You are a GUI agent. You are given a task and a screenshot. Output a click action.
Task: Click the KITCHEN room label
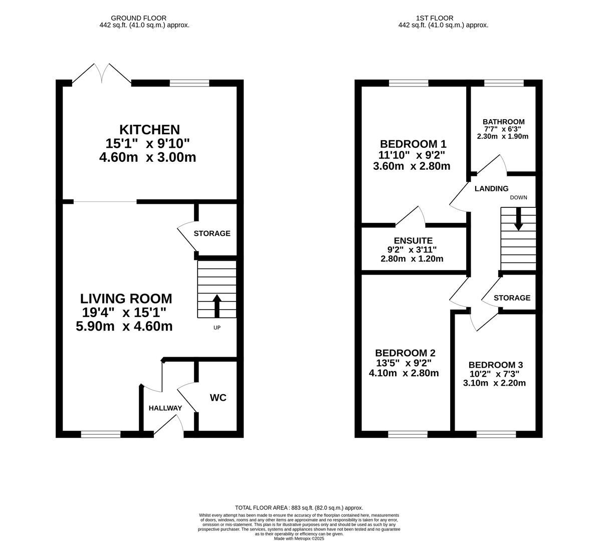point(150,130)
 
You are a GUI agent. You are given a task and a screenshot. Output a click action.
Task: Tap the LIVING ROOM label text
point(126,298)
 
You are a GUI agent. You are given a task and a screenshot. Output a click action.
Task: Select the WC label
point(218,398)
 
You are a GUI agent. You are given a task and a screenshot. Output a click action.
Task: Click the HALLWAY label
point(165,408)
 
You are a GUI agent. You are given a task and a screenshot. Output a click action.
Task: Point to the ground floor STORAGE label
point(212,233)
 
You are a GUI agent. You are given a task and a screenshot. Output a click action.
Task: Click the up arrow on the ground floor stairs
point(217,306)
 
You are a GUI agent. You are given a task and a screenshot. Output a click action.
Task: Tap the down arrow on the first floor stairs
point(518,219)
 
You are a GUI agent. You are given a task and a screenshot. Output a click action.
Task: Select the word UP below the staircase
point(217,328)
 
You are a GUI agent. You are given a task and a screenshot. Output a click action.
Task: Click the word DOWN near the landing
point(519,197)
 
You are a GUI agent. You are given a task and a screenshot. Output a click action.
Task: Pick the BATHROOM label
point(503,122)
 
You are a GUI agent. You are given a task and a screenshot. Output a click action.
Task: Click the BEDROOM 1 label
point(413,144)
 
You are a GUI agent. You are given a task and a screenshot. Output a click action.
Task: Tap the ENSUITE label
point(413,240)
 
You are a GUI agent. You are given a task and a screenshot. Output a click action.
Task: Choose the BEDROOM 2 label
point(405,353)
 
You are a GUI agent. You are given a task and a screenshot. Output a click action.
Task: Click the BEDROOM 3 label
point(496,365)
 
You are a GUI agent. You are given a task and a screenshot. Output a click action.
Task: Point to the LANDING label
point(492,188)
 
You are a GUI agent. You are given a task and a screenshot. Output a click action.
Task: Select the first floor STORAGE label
point(512,298)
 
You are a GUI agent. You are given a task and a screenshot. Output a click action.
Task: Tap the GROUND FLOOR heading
point(138,18)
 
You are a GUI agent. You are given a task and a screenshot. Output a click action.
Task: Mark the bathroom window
point(504,83)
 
